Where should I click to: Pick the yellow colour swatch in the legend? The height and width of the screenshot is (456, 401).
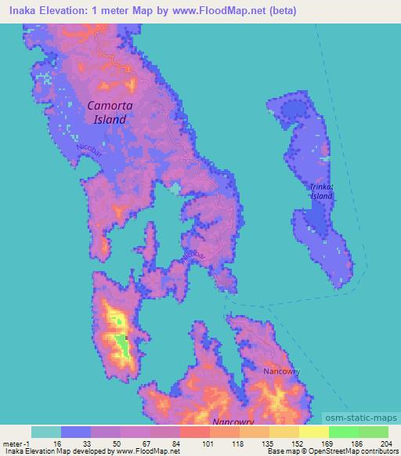click(313, 432)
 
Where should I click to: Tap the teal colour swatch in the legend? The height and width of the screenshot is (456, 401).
click(46, 432)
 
